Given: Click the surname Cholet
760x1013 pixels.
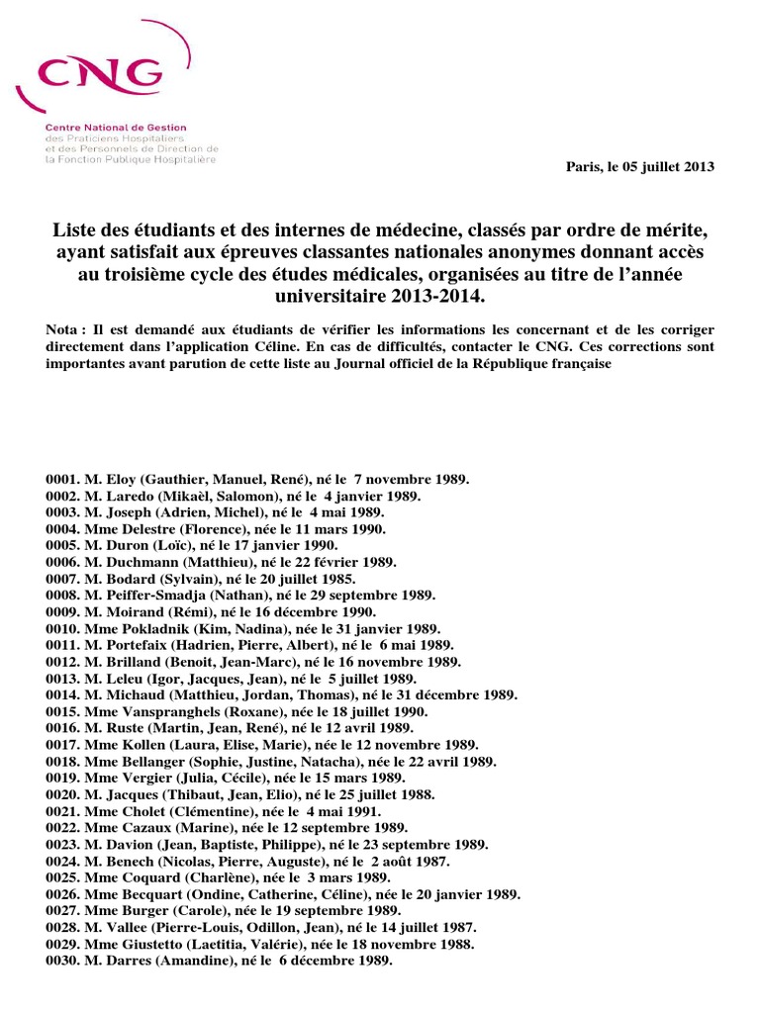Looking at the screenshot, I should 142,812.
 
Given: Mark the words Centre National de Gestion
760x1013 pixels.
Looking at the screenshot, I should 115,128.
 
